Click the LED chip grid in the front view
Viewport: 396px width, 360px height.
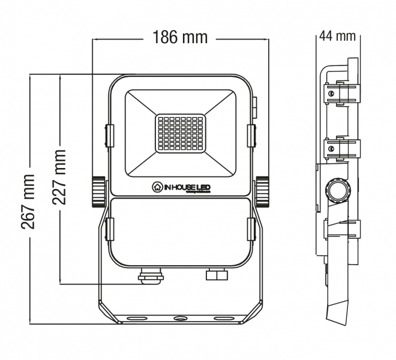coord(180,133)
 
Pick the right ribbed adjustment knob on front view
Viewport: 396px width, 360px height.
coord(262,191)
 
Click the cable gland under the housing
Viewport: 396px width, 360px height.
coord(148,277)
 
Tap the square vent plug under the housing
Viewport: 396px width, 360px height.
coord(215,275)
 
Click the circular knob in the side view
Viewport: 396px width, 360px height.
coord(338,191)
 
